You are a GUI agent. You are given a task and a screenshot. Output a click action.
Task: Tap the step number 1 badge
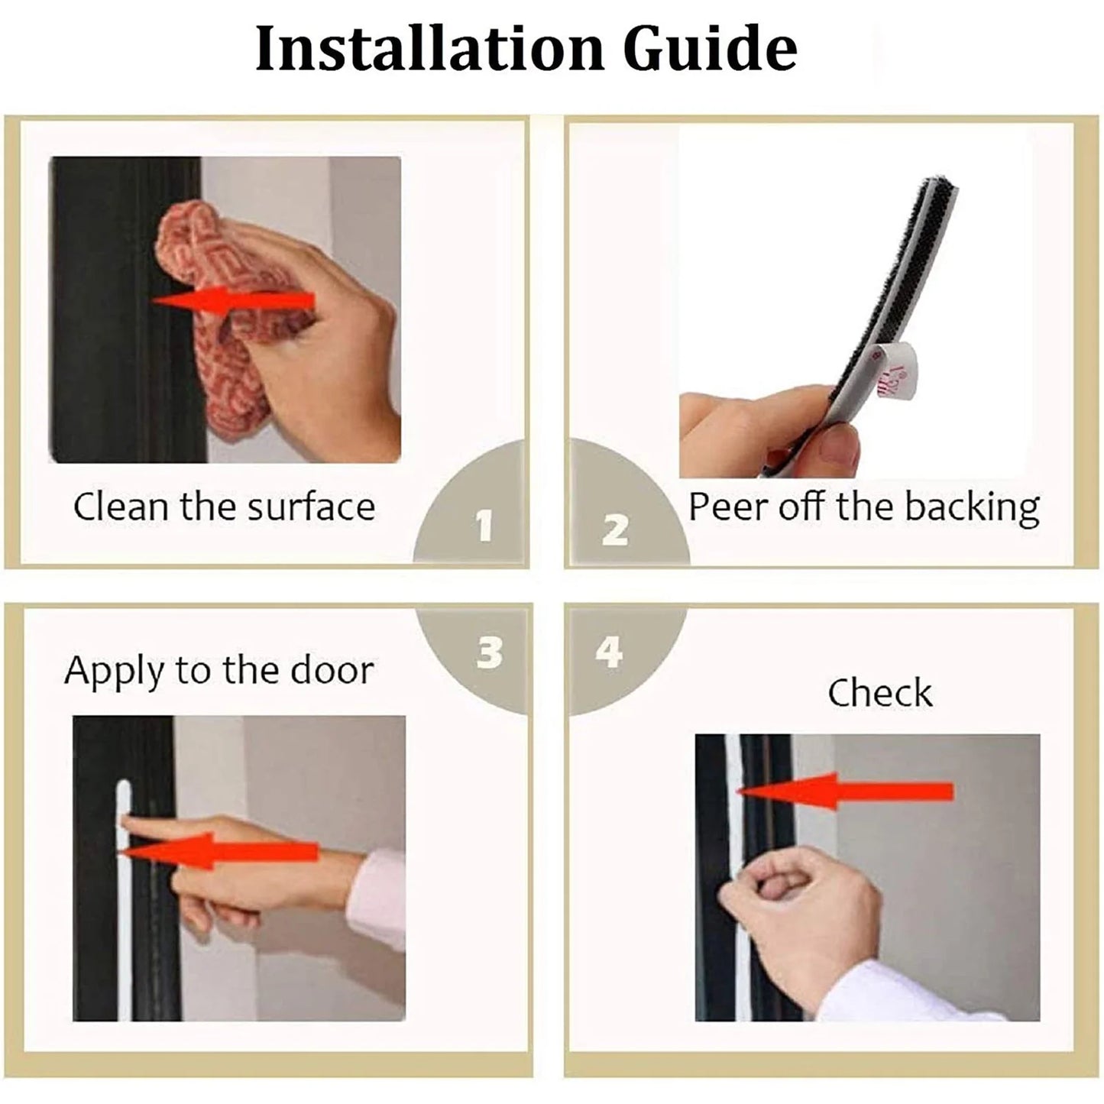[483, 526]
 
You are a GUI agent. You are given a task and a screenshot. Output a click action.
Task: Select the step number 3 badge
[489, 652]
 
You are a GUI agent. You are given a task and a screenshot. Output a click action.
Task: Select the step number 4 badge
[609, 652]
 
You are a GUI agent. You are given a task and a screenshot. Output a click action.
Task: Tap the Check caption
[879, 693]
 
